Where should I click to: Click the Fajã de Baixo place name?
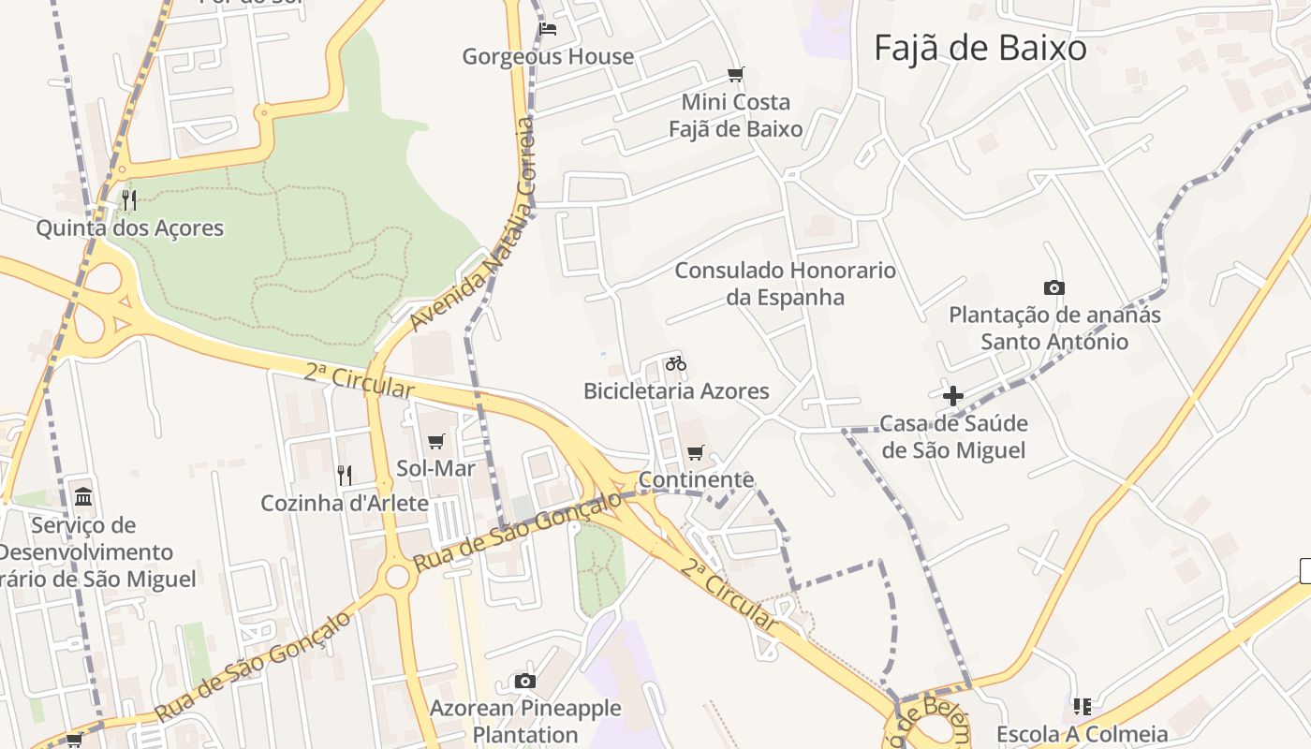(x=980, y=48)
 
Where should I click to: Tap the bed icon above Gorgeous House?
(x=549, y=29)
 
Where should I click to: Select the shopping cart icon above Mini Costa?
(x=736, y=74)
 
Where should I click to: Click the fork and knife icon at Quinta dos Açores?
(x=129, y=199)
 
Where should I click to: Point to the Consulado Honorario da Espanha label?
(x=785, y=284)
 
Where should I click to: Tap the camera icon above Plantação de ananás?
(x=1054, y=287)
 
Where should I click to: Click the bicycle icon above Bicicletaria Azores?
(x=676, y=363)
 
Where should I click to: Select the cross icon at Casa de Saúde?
(x=953, y=396)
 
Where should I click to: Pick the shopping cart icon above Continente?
(x=695, y=453)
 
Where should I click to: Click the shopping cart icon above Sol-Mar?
(x=435, y=441)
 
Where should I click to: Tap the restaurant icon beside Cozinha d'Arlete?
(x=345, y=476)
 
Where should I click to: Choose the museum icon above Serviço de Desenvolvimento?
(x=83, y=496)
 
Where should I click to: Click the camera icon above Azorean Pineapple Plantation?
(x=525, y=681)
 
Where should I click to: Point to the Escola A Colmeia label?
(x=1082, y=734)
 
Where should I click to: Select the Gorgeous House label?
(x=548, y=56)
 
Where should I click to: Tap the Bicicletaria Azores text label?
(x=676, y=390)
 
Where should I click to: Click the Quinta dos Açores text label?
(x=129, y=228)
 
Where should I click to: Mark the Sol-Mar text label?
(x=435, y=468)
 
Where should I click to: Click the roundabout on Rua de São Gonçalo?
(x=398, y=575)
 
